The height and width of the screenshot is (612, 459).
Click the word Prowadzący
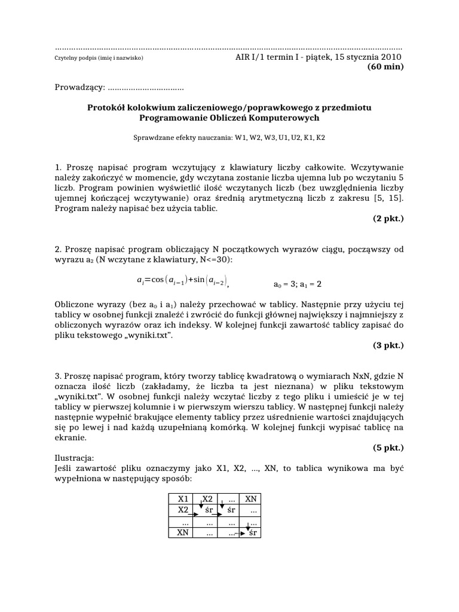(78, 88)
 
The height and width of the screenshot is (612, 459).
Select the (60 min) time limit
(385, 67)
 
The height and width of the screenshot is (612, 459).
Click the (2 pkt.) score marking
(388, 219)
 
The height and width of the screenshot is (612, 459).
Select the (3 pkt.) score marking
(388, 345)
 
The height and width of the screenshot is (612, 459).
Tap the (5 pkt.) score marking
(388, 447)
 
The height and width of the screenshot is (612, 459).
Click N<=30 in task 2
(212, 260)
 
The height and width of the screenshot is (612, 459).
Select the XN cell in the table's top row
(252, 499)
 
